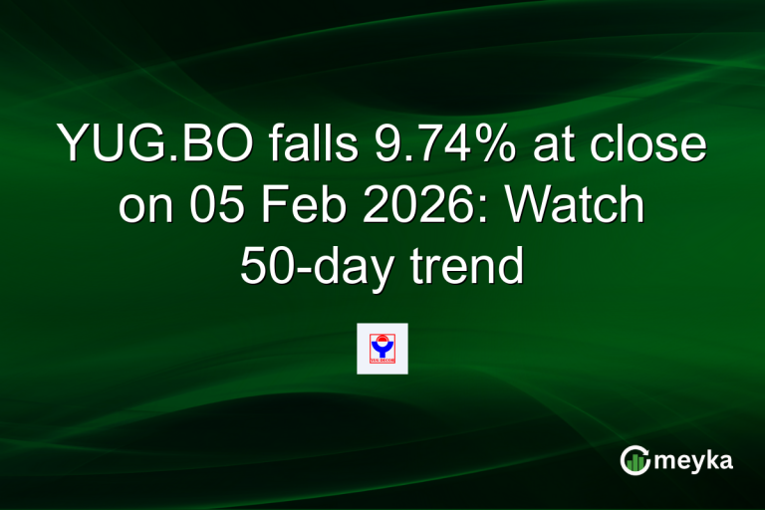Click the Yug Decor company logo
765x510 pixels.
[x=382, y=348]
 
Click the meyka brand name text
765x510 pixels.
[x=694, y=460]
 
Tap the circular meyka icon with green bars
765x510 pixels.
[x=635, y=459]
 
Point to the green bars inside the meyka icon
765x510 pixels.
[x=635, y=461]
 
